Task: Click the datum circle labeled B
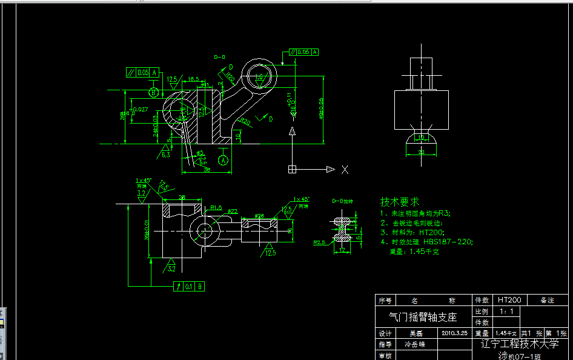tap(154, 92)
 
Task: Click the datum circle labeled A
tap(224, 160)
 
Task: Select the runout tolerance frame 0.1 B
tap(189, 286)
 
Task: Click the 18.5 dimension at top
tap(193, 79)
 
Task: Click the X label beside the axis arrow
tap(345, 170)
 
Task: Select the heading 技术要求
tap(399, 201)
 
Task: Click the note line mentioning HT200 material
tap(412, 232)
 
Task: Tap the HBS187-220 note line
tap(426, 241)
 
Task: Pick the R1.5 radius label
tap(216, 207)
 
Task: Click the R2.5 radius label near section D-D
tap(320, 242)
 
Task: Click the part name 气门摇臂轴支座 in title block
tap(422, 317)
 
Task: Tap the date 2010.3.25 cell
tap(454, 333)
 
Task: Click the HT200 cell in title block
tap(509, 300)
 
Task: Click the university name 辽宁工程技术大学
tap(519, 344)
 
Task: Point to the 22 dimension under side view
tap(421, 152)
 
